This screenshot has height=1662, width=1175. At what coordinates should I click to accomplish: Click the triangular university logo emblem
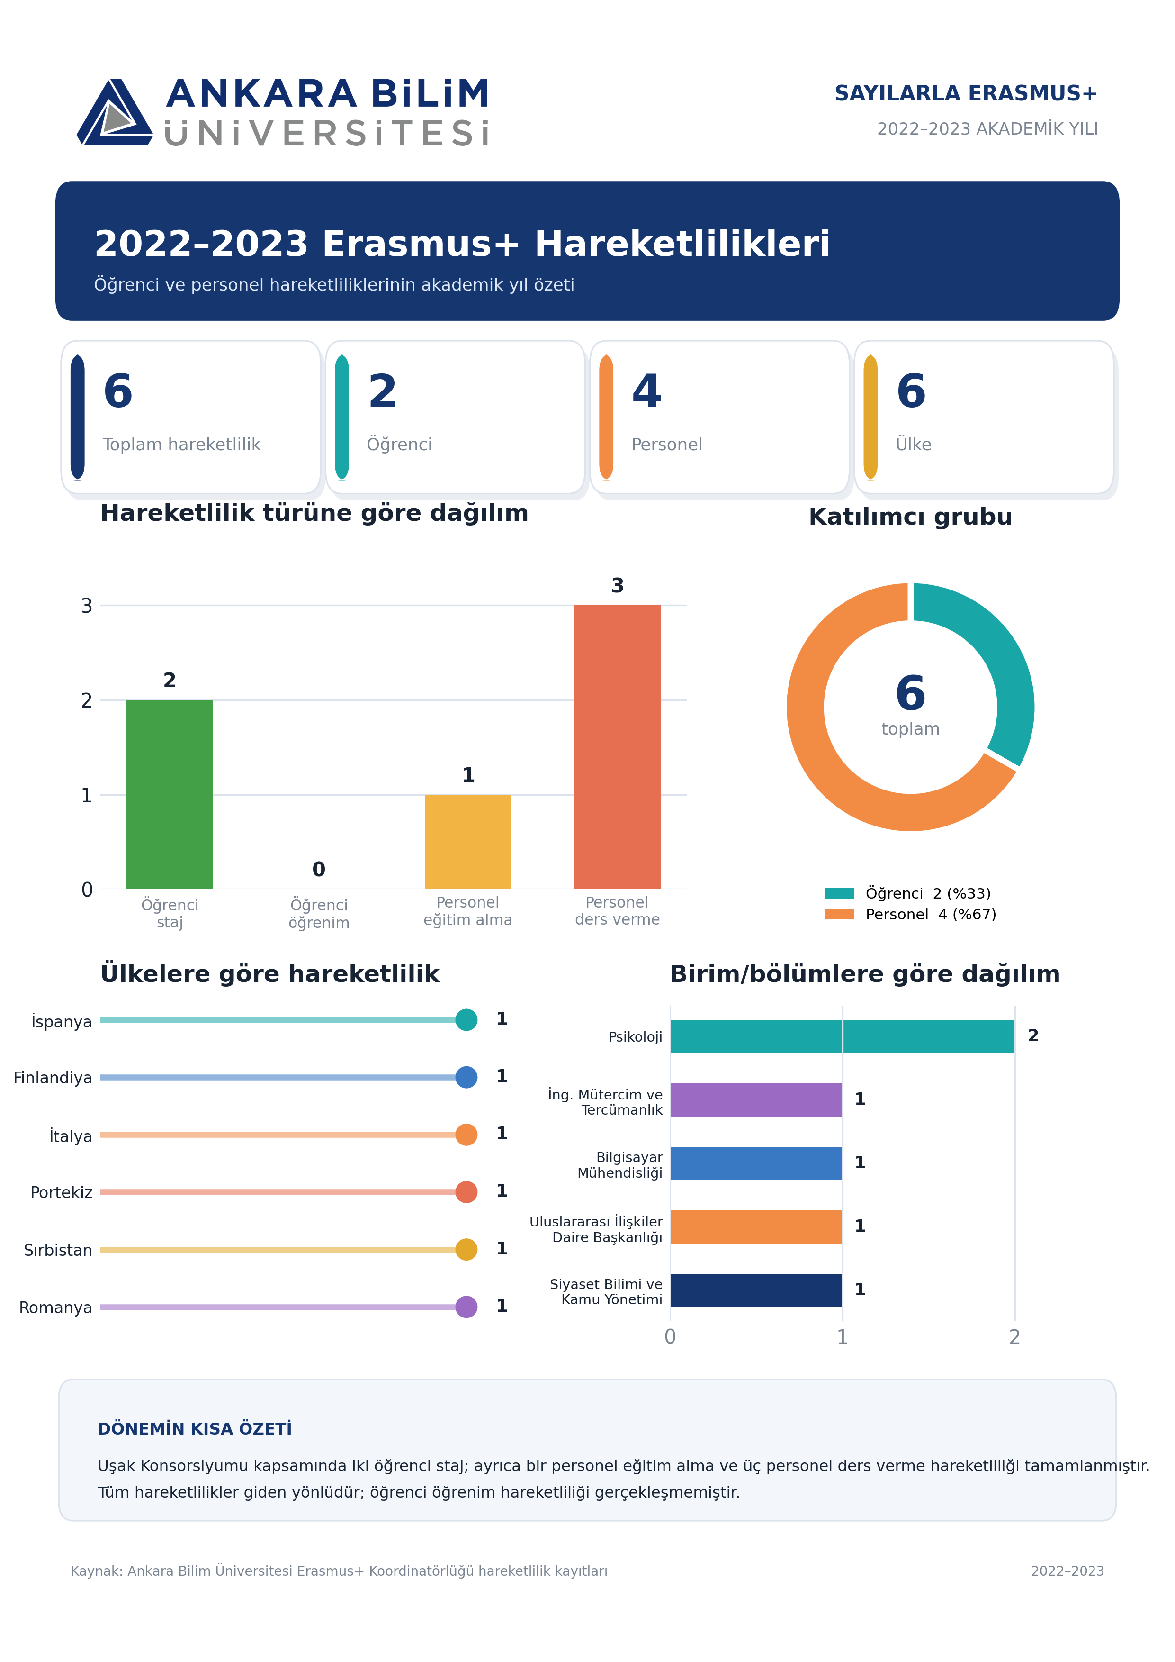114,112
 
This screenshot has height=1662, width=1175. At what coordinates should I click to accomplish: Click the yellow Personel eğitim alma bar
467,842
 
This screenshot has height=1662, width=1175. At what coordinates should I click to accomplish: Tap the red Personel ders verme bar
617,747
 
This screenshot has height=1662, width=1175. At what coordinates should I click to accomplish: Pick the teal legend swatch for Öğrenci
839,893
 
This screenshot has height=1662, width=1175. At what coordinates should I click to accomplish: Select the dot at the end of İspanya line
466,1019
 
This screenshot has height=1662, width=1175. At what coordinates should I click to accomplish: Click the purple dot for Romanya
466,1307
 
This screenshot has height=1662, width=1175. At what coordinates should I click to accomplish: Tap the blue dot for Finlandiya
466,1077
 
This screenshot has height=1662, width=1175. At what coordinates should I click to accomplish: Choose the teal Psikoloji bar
842,1036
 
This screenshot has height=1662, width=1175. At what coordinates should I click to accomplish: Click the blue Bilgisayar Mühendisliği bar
756,1163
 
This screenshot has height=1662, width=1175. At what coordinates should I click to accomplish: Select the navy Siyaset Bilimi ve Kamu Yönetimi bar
756,1290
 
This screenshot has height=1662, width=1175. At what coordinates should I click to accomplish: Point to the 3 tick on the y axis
87,606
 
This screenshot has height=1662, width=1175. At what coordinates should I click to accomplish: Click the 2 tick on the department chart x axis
1014,1337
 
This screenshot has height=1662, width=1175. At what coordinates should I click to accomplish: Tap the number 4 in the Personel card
647,391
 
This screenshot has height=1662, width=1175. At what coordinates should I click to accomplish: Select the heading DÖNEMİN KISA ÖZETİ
195,1429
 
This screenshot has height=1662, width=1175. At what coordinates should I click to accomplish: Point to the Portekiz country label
62,1192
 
